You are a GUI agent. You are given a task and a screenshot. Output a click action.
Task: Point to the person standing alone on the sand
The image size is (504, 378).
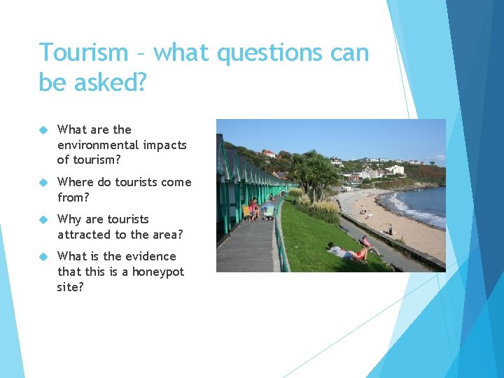[x=391, y=229]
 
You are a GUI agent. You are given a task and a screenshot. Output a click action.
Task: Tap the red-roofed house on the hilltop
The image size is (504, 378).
[x=268, y=153]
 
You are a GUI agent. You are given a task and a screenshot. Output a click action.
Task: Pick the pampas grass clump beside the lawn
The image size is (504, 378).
[x=323, y=208]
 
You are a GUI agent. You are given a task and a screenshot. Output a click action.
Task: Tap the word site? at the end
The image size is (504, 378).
[x=70, y=287]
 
